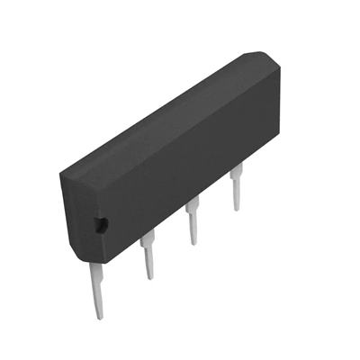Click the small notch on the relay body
[101, 224]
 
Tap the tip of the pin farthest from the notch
[237, 208]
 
